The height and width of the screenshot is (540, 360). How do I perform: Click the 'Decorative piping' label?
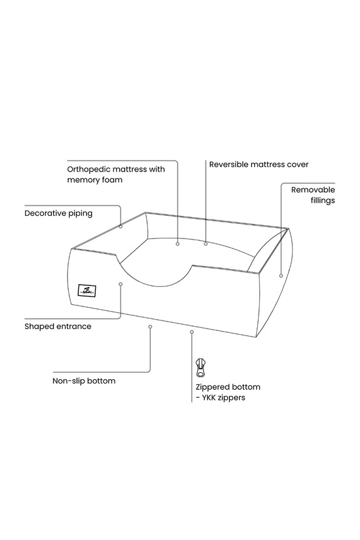[x=59, y=213]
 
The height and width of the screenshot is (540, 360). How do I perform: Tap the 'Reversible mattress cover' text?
[x=259, y=165]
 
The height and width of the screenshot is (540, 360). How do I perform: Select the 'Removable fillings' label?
[x=313, y=195]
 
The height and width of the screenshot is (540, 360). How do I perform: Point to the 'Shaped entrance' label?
[x=58, y=327]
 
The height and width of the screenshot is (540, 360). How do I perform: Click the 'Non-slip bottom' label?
[x=84, y=381]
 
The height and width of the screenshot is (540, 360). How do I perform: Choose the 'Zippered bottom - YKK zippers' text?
[x=228, y=392]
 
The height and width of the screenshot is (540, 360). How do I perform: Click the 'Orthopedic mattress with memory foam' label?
[x=116, y=175]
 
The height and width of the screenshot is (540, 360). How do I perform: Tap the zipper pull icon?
[x=200, y=368]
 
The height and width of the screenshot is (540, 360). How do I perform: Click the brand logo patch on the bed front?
[x=87, y=291]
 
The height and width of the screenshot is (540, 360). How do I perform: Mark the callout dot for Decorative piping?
[x=121, y=227]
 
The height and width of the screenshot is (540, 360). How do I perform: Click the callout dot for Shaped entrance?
[x=121, y=284]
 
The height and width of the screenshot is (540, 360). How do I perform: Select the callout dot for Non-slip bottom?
[x=150, y=327]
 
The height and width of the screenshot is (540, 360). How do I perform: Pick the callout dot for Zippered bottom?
[x=192, y=332]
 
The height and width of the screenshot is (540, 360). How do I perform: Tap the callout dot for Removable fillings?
[x=281, y=275]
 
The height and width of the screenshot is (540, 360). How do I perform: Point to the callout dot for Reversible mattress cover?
[x=205, y=244]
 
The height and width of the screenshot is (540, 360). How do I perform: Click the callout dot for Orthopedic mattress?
[x=178, y=244]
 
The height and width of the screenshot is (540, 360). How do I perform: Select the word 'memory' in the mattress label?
[x=83, y=180]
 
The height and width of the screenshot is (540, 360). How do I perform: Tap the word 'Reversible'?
[x=229, y=165]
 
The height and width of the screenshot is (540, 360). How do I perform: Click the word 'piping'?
[x=80, y=214]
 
